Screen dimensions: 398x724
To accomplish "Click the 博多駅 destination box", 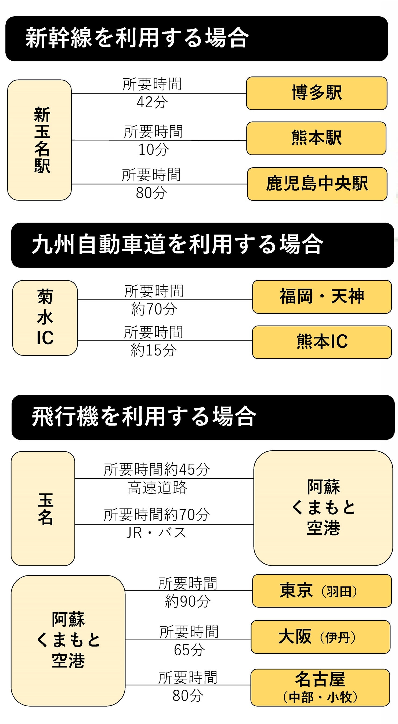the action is [317, 93].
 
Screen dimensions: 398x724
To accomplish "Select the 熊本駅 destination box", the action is [316, 138].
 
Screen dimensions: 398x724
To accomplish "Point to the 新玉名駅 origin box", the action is [39, 140].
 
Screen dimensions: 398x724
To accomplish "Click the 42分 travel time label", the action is [152, 102].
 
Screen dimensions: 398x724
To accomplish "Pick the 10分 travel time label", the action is [154, 149].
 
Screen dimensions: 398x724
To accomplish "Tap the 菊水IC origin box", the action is [45, 317].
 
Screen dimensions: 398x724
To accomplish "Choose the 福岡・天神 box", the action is [322, 297].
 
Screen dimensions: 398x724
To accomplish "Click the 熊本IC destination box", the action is [322, 342].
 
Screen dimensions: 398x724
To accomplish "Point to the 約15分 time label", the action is [154, 350].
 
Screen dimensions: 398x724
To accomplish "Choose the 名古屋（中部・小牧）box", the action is [320, 687].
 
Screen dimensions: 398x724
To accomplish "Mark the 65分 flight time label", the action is [189, 649].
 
